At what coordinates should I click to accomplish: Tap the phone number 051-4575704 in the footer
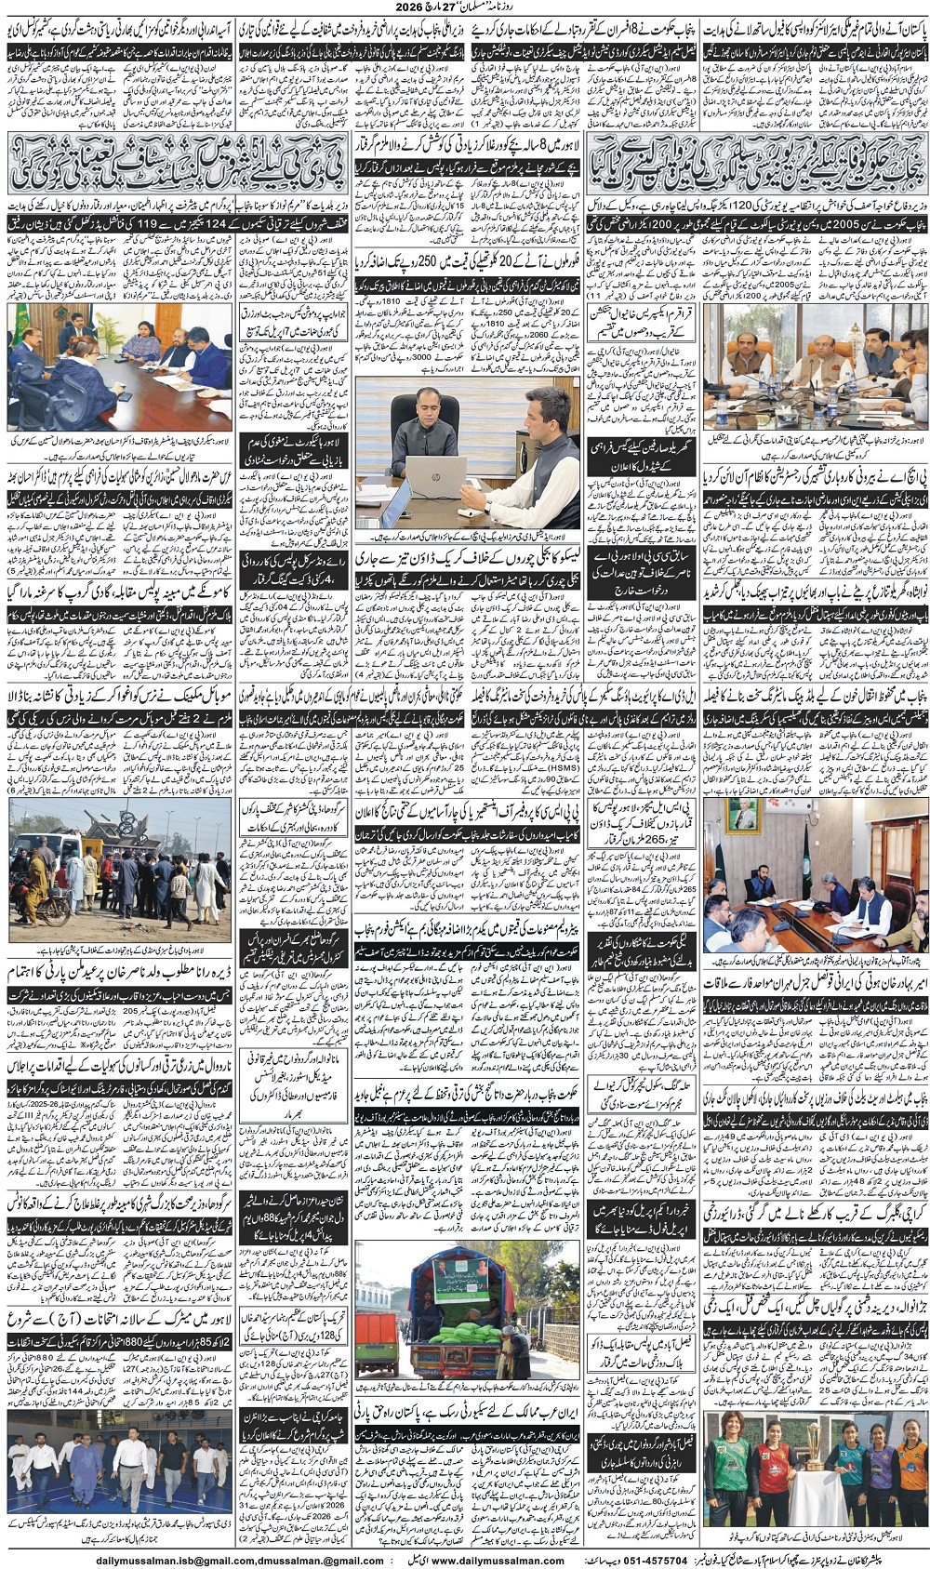[x=658, y=1560]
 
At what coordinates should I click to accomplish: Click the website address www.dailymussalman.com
[x=498, y=1560]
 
